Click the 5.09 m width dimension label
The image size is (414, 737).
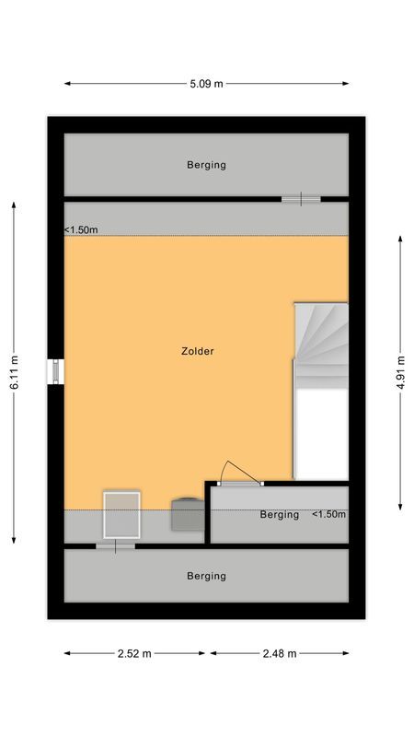coord(206,84)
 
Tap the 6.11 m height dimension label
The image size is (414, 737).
coord(14,373)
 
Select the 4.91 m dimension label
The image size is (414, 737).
coord(401,373)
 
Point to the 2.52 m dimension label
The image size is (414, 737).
coord(134,653)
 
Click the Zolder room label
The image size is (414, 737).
coord(198,351)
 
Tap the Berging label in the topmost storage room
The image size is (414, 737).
coord(206,165)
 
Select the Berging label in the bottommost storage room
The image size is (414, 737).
coord(206,576)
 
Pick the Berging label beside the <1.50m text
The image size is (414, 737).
coord(279,514)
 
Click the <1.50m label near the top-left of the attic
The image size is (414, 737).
coord(81,230)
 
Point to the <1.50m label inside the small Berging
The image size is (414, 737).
coord(328,514)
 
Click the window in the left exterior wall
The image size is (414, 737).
coord(56,370)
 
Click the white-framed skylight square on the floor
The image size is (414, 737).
coord(121,514)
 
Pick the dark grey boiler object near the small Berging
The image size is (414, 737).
coord(188,513)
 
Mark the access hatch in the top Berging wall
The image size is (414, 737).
coord(301,198)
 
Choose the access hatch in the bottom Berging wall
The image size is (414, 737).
coord(115,546)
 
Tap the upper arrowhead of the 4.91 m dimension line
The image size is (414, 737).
coord(401,239)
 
